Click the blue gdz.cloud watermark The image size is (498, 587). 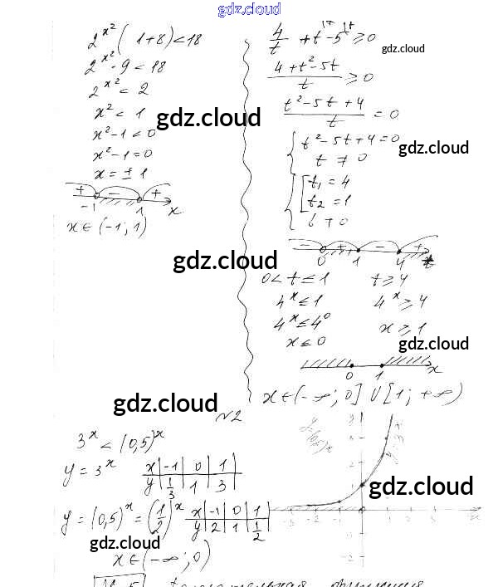(249, 9)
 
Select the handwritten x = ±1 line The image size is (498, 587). (121, 174)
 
